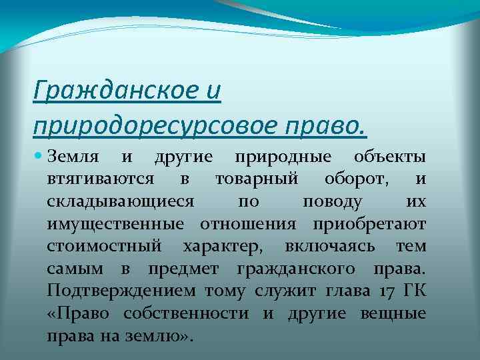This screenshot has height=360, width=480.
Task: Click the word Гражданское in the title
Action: pyautogui.click(x=115, y=88)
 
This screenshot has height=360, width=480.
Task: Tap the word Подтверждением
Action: pyautogui.click(x=121, y=291)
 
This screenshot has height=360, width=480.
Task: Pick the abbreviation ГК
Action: pyautogui.click(x=413, y=291)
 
